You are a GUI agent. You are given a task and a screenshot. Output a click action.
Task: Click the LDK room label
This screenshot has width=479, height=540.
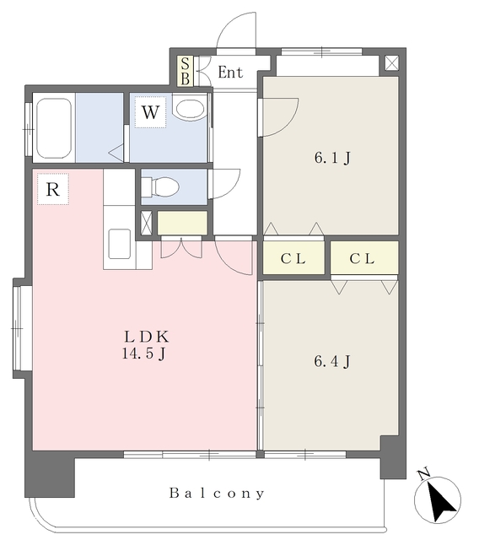(x=147, y=337)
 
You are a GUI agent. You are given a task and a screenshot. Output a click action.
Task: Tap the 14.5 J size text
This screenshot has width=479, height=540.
(x=144, y=354)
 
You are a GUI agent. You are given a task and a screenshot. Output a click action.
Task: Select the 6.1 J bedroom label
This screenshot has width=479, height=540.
(x=332, y=158)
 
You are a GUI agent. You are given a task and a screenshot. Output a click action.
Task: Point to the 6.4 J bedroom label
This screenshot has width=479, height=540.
(x=332, y=361)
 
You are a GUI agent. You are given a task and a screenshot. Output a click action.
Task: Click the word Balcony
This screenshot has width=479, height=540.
(x=217, y=493)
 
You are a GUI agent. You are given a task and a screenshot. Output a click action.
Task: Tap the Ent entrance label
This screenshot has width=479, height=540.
(x=230, y=73)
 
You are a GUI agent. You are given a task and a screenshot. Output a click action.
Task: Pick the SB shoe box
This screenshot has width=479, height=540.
(x=186, y=71)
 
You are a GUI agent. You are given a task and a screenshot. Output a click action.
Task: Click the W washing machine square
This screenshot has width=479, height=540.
(x=150, y=112)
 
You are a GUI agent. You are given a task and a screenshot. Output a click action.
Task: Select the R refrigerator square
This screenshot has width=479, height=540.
(x=53, y=189)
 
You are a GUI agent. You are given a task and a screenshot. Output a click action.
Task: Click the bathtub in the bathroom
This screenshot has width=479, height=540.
(x=54, y=128)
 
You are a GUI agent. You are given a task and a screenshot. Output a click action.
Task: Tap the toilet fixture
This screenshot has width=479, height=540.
(x=160, y=186)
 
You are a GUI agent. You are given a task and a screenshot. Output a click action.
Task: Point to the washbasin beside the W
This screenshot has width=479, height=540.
(x=190, y=108)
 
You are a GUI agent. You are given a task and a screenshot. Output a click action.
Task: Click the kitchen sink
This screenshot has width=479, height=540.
(x=120, y=244)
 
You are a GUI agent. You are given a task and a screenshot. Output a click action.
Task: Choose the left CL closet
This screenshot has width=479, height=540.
(x=293, y=258)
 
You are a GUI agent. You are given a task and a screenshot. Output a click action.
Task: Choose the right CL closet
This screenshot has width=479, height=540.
(x=364, y=258)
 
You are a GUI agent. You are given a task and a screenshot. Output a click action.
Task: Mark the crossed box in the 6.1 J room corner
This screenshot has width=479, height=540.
(x=391, y=63)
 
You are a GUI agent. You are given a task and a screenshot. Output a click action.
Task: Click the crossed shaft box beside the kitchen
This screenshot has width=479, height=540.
(x=146, y=223)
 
